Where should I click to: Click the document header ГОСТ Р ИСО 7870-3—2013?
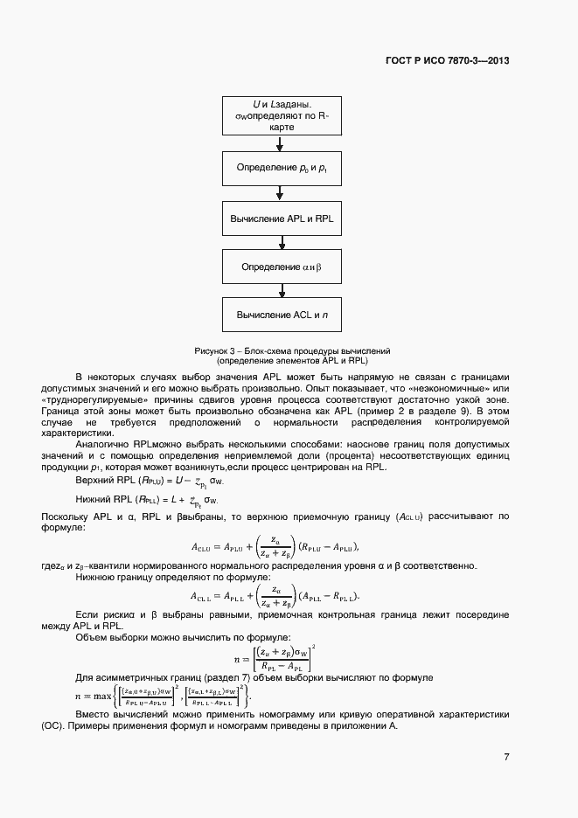click(x=447, y=61)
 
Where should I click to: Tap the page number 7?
click(x=506, y=756)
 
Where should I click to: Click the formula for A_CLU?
click(x=275, y=547)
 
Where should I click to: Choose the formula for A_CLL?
click(x=275, y=596)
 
